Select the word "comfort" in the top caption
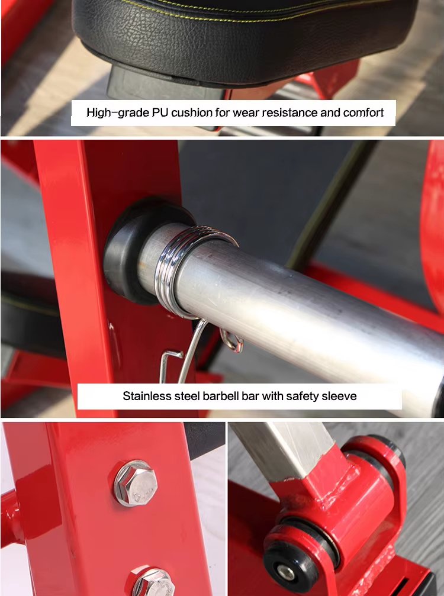point(363,112)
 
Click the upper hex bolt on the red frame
point(136,483)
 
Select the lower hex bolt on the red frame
point(152,582)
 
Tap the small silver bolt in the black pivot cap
point(286,572)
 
